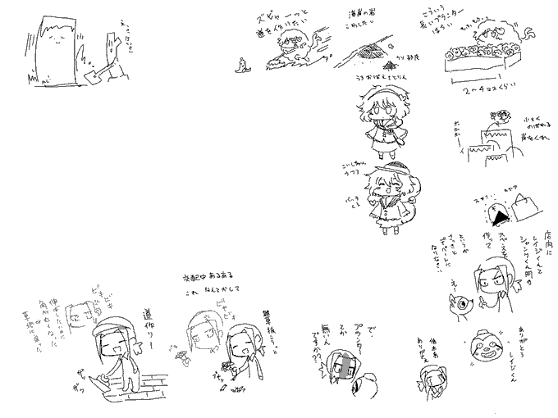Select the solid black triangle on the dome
[497, 214]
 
